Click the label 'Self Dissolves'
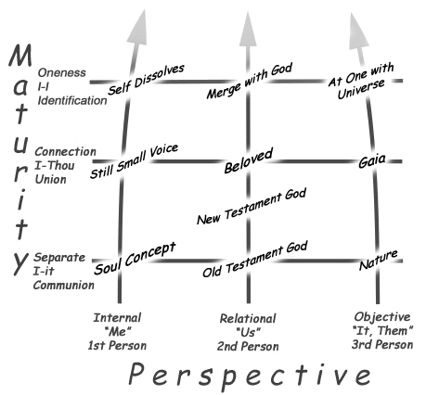[146, 80]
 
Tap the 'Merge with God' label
[250, 81]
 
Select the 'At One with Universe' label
[361, 82]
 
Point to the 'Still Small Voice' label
[134, 161]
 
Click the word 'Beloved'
[249, 160]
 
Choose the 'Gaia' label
[372, 160]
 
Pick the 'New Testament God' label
[252, 206]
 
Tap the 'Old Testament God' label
[255, 259]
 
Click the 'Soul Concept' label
[135, 259]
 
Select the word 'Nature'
[378, 260]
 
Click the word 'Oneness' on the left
[61, 73]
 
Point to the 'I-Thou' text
[55, 166]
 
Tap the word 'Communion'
[64, 285]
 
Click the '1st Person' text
[117, 346]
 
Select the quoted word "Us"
[248, 333]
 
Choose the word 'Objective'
[382, 317]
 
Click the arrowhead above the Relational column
[248, 29]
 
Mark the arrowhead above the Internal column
[138, 26]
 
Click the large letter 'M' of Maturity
[20, 55]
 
